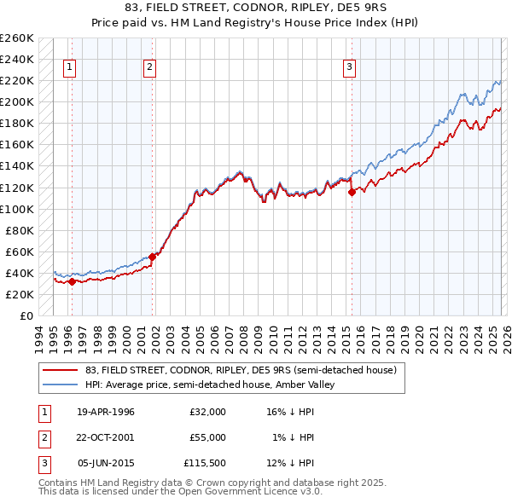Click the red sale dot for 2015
click(352, 192)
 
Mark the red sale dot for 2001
click(153, 257)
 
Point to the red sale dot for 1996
click(72, 281)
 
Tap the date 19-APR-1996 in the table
click(106, 412)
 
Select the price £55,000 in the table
click(207, 437)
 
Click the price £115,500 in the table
click(204, 463)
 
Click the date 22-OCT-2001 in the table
click(106, 437)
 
